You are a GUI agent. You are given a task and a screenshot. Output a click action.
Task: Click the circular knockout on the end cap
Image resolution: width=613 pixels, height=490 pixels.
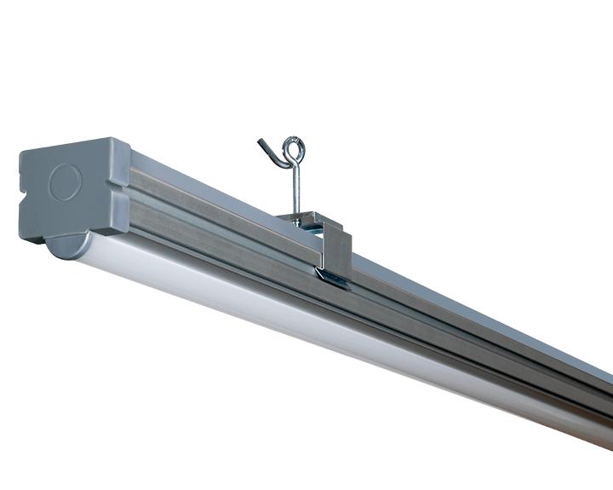coord(65,182)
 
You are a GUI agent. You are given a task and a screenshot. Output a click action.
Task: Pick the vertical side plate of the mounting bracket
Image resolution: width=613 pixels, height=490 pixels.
coord(338,249)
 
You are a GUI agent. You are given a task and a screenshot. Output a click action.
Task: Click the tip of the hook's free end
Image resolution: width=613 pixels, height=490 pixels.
coord(259,141)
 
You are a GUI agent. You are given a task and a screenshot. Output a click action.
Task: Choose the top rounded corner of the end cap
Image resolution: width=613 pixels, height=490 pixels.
coord(119,142)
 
